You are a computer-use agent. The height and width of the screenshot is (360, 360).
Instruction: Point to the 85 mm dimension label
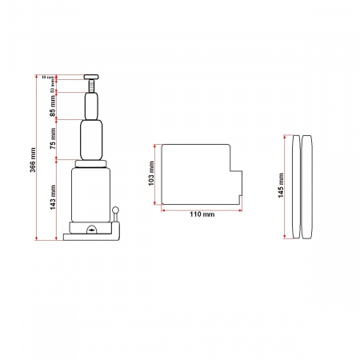click(x=53, y=104)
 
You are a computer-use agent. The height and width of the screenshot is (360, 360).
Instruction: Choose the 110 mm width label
click(x=202, y=214)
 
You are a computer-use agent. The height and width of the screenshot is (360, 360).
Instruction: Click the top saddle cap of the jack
click(x=92, y=76)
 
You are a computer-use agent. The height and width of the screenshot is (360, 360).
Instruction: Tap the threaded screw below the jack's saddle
click(x=92, y=86)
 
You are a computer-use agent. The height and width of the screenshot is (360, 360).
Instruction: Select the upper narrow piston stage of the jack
click(x=92, y=105)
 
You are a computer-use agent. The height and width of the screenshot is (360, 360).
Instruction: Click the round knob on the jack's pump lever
click(x=116, y=210)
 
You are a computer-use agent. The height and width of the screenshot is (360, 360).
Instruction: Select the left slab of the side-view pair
click(x=296, y=186)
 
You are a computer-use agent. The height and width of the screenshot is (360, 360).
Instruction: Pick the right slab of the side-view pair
click(x=307, y=186)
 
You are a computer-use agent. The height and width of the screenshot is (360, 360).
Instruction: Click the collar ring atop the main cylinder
click(x=92, y=163)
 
